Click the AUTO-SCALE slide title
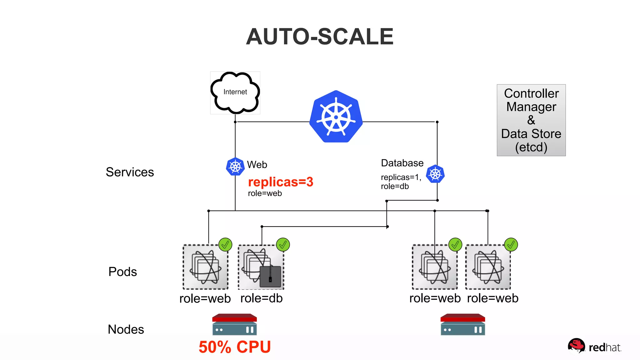[x=319, y=37]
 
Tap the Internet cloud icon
[x=235, y=92]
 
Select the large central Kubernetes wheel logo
[x=336, y=117]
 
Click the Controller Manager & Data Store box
[x=531, y=120]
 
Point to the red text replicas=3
[x=280, y=182]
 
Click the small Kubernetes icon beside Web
[x=235, y=167]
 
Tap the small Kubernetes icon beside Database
[x=435, y=174]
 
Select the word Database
[x=402, y=163]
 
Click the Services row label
[x=130, y=172]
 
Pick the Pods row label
[x=122, y=272]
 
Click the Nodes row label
[x=126, y=329]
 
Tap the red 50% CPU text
[x=235, y=347]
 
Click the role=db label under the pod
[x=261, y=298]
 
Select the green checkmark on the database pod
[x=283, y=245]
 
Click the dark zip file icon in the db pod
[x=270, y=276]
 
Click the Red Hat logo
[x=594, y=347]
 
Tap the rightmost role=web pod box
[x=488, y=267]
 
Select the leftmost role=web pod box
[x=205, y=267]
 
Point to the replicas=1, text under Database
[x=401, y=177]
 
